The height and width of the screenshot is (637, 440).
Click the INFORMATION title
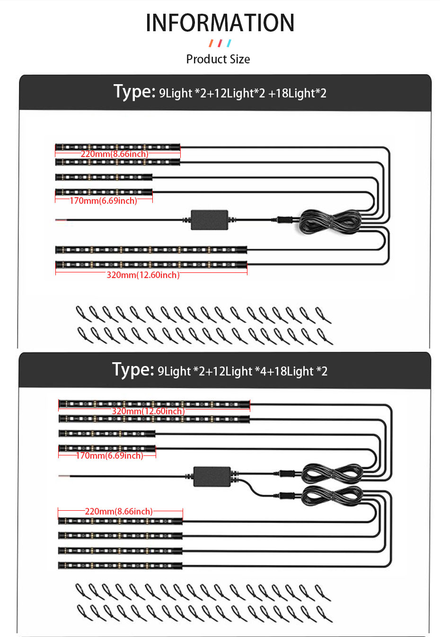point(220,23)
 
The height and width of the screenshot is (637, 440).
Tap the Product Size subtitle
point(218,59)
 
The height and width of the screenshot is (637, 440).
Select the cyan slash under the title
point(229,44)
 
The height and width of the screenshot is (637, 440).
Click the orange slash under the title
point(211,44)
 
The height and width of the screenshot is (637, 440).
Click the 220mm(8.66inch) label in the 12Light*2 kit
point(114,154)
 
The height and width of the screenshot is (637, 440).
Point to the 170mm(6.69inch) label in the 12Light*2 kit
point(104,201)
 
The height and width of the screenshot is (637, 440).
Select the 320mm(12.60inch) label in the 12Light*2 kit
point(143,275)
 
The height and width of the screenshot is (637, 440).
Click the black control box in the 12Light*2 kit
point(209,220)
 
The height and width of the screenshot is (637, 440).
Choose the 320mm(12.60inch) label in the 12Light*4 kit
point(148,411)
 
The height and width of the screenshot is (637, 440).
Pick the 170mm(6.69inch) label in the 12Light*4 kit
point(109,455)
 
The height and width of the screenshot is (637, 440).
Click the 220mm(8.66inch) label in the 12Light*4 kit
point(119,511)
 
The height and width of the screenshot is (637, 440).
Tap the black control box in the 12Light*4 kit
point(212,476)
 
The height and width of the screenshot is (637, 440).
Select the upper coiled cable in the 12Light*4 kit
point(332,473)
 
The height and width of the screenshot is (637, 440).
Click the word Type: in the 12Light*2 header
point(134,91)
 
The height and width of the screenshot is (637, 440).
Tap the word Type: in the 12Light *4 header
point(133,369)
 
